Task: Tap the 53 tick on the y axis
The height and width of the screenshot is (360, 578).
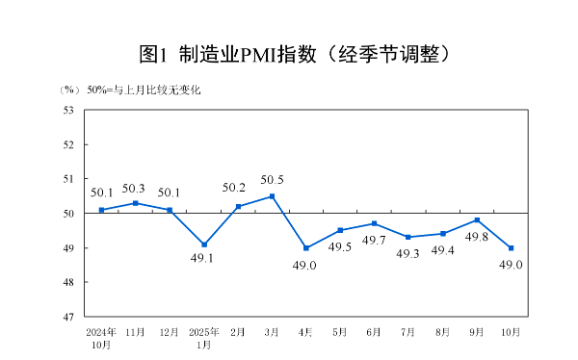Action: pyautogui.click(x=69, y=110)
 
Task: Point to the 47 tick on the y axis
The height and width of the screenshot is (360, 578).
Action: pyautogui.click(x=69, y=317)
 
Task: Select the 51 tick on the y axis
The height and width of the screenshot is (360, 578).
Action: pyautogui.click(x=69, y=179)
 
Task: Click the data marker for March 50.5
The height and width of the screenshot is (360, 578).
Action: pyautogui.click(x=272, y=196)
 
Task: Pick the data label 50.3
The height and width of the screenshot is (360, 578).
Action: pyautogui.click(x=134, y=189)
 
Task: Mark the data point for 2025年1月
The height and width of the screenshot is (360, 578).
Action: pyautogui.click(x=203, y=244)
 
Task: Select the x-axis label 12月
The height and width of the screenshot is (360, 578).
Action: pyautogui.click(x=169, y=332)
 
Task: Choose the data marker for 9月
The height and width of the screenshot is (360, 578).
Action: pyautogui.click(x=477, y=220)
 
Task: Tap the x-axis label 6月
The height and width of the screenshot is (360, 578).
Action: pyautogui.click(x=375, y=332)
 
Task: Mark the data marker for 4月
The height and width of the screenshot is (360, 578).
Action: pyautogui.click(x=306, y=247)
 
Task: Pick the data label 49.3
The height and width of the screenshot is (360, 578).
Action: pyautogui.click(x=408, y=253)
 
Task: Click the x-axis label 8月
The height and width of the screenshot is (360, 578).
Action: pyautogui.click(x=443, y=332)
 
